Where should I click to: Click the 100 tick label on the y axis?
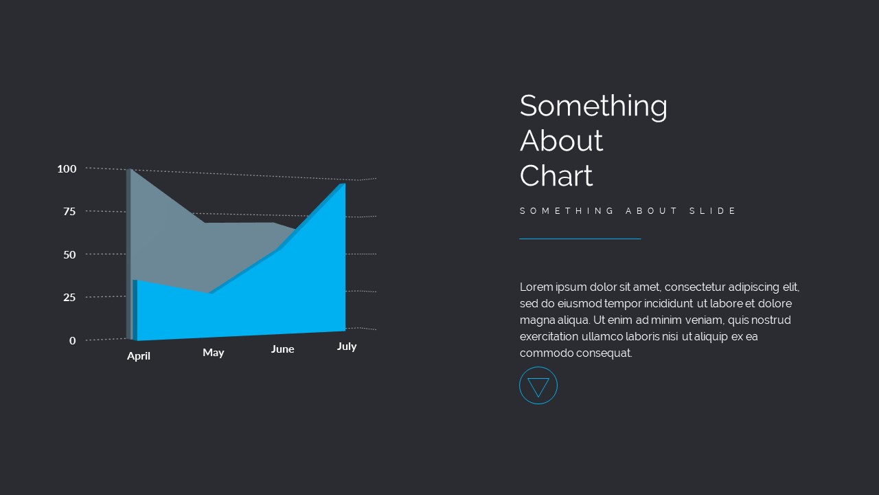(67, 169)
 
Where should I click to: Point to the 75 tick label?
(69, 212)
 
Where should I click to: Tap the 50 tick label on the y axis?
(69, 255)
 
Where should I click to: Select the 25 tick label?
(69, 298)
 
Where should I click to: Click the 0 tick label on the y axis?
(73, 340)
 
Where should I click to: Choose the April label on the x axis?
(139, 356)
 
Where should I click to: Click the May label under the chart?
(213, 353)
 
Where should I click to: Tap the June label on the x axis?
(282, 349)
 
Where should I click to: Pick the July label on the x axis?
(347, 346)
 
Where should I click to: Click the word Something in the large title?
(593, 106)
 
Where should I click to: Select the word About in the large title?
(561, 141)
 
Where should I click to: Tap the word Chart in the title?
(556, 175)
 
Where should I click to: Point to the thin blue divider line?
(580, 239)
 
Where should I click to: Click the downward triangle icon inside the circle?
(538, 387)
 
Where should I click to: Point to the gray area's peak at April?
(130, 169)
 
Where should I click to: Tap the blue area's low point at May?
(211, 293)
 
